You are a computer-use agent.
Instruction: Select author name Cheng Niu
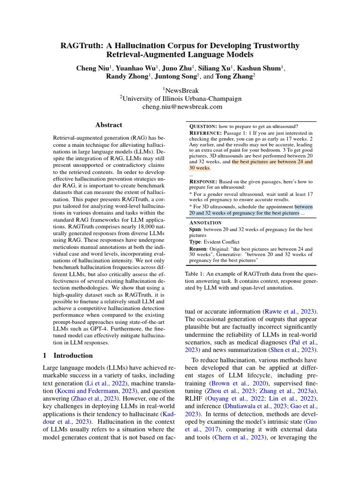click(92, 68)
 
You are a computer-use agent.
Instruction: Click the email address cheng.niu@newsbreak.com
click(180, 107)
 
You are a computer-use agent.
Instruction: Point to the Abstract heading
click(108, 125)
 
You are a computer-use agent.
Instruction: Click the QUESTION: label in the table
click(203, 127)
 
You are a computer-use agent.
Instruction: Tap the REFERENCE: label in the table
click(206, 134)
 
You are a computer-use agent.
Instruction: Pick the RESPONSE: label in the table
click(203, 181)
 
